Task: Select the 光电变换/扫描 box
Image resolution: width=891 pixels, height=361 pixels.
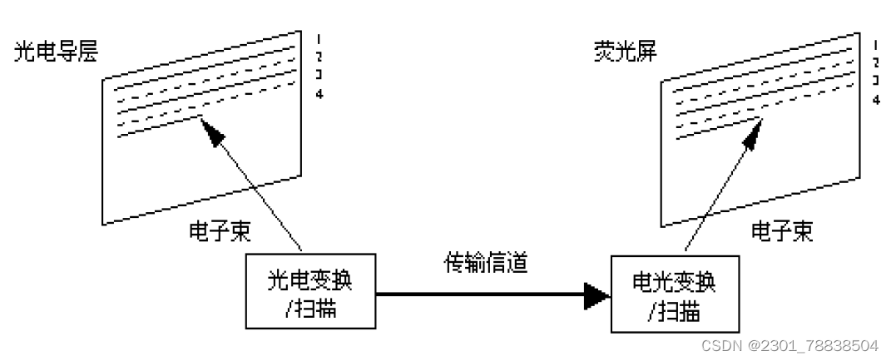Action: (x=310, y=290)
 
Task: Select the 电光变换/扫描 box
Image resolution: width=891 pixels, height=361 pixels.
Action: (x=673, y=293)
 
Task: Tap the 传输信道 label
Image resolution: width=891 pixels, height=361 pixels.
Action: (x=485, y=265)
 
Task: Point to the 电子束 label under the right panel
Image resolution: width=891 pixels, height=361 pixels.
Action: (x=782, y=230)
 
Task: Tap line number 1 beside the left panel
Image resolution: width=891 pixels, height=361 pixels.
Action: (x=319, y=39)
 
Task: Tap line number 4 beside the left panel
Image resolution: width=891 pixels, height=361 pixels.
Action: (x=319, y=92)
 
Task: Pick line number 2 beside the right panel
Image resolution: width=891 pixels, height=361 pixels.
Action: (x=876, y=63)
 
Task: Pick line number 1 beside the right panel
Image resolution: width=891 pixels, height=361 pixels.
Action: (x=876, y=45)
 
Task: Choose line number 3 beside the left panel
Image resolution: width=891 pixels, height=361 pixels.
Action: (x=319, y=75)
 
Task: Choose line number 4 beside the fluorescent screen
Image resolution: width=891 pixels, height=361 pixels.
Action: (x=876, y=100)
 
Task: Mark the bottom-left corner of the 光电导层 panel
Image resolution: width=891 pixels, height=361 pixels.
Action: (x=103, y=224)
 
